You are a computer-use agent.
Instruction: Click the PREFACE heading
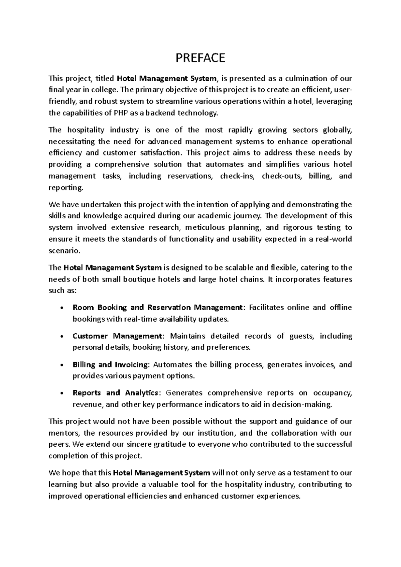[200, 58]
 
